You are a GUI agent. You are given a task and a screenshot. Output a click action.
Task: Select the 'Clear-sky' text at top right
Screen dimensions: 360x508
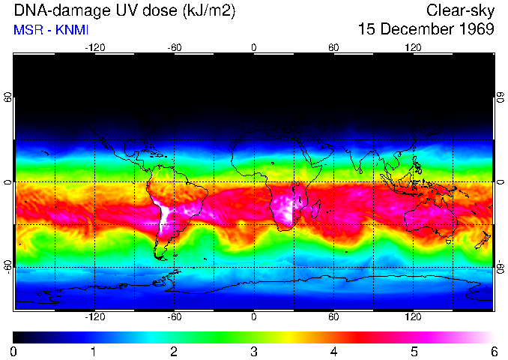pos(460,10)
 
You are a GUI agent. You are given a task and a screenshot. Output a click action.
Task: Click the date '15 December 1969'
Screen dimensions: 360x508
pos(426,30)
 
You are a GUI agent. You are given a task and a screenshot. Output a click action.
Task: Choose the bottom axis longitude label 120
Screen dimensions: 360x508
pos(413,317)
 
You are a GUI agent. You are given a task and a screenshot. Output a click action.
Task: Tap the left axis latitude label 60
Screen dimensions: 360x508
pos(7,98)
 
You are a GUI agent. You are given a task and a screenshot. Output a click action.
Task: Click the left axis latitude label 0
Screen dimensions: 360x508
pos(7,182)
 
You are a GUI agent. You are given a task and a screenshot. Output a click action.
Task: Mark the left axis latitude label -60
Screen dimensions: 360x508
pos(7,266)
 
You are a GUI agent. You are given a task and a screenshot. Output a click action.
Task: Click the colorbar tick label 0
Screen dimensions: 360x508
pos(13,351)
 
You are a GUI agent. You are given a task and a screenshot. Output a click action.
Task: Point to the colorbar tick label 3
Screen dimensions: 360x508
pos(253,351)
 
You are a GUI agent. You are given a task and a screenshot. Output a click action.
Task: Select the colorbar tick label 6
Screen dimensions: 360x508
pos(493,351)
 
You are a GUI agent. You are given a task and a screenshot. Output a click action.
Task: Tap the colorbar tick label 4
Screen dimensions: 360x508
pos(333,351)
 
